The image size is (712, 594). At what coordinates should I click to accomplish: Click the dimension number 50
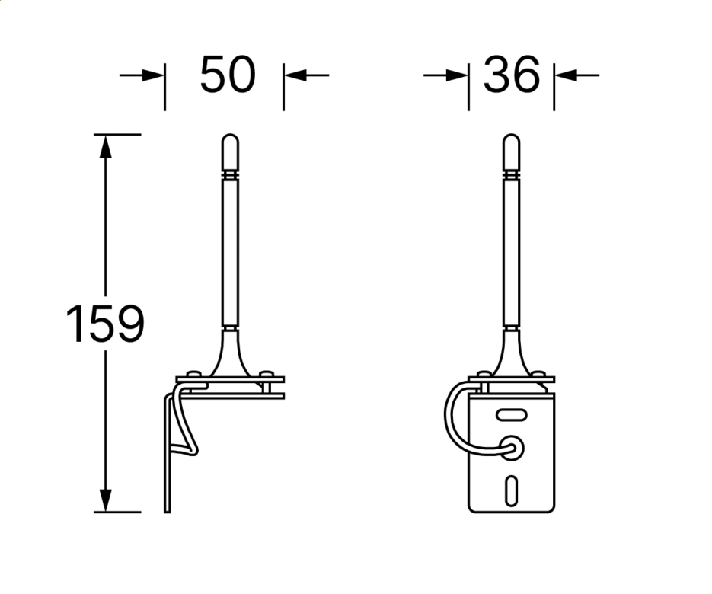228,75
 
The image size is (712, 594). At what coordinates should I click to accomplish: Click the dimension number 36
511,75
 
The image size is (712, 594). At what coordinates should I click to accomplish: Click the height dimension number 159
105,324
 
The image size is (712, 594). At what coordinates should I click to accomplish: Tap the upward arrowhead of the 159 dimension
105,146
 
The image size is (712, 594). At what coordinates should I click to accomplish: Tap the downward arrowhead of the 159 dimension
105,500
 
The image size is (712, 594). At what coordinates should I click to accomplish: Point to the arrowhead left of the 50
153,75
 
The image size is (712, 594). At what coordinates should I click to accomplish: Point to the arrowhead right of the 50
295,75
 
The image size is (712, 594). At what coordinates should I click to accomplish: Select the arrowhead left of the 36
457,75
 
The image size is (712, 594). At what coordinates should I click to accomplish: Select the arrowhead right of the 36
566,75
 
